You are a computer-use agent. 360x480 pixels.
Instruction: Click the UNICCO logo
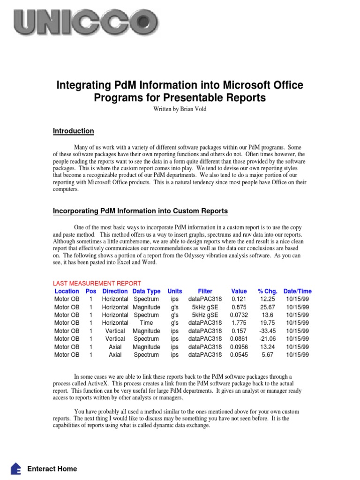click(x=86, y=22)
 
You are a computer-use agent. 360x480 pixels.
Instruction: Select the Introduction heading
click(x=73, y=131)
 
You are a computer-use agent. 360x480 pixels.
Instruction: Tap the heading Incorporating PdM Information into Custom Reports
click(x=140, y=211)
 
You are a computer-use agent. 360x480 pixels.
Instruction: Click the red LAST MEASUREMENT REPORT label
click(x=97, y=283)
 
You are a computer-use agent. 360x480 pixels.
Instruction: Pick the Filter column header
click(x=205, y=291)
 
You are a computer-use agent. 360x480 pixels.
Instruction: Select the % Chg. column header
click(x=267, y=291)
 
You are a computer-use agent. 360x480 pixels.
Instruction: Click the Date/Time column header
click(x=297, y=291)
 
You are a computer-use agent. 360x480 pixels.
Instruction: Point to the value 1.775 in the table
click(x=240, y=323)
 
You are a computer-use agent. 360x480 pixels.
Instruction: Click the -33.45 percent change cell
click(x=267, y=331)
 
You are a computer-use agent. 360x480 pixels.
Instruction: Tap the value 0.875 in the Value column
click(x=240, y=307)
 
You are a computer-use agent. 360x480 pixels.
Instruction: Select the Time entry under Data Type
click(x=146, y=323)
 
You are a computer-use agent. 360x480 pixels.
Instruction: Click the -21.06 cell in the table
click(x=267, y=339)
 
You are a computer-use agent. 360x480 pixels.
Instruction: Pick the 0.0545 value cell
click(x=240, y=355)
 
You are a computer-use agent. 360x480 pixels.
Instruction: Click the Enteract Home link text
click(x=52, y=469)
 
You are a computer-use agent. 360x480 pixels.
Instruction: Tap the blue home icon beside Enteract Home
click(x=16, y=469)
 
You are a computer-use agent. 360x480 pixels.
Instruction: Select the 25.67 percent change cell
click(x=267, y=307)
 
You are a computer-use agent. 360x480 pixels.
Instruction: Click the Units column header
click(x=175, y=291)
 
